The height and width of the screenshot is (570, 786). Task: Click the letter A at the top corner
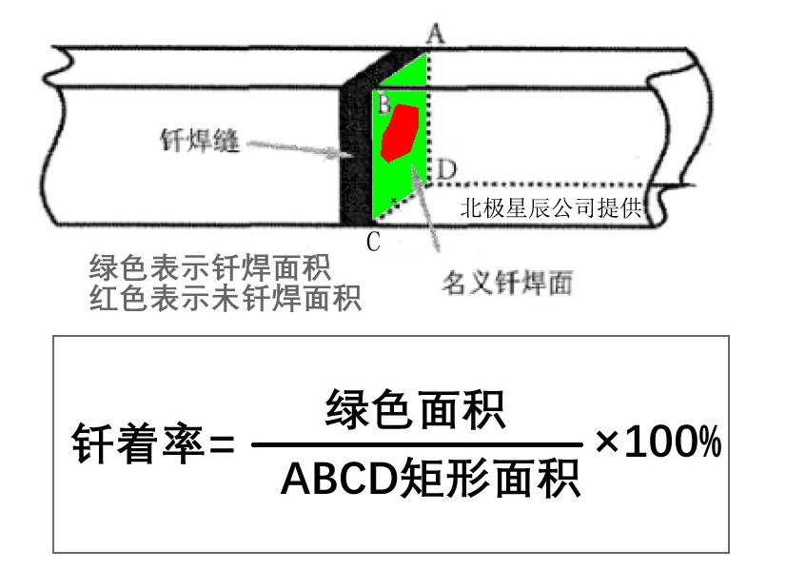click(x=436, y=34)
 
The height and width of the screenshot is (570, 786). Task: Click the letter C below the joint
click(x=373, y=242)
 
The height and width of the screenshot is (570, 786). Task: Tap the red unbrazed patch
click(x=401, y=133)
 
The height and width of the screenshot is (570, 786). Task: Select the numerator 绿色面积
click(x=415, y=412)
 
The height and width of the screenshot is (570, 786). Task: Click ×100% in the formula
click(x=658, y=443)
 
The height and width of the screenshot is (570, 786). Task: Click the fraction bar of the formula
click(x=416, y=444)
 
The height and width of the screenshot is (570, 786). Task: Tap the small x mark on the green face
click(x=394, y=201)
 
